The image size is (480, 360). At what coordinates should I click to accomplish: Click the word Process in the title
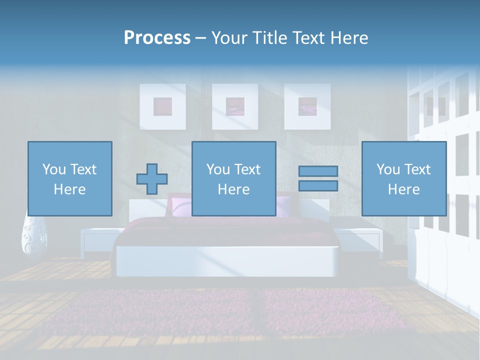point(157,38)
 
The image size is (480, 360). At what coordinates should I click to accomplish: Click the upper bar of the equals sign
point(318,171)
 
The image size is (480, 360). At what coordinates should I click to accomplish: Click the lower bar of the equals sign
point(318,186)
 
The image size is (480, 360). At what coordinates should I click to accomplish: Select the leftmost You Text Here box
point(70,178)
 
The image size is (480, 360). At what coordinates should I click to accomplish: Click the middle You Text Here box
point(233,178)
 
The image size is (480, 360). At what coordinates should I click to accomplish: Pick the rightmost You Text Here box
point(403,178)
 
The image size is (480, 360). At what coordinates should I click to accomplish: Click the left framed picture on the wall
point(162,106)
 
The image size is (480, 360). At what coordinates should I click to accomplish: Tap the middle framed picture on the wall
point(235,106)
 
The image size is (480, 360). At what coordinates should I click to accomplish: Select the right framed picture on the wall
point(307,106)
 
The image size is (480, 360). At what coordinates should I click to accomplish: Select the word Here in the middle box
point(233,189)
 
